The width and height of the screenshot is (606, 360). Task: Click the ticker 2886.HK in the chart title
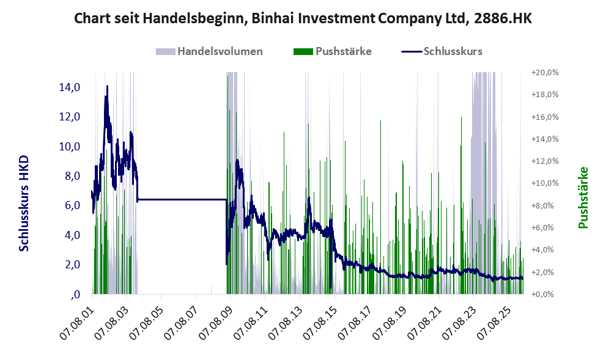tap(503, 18)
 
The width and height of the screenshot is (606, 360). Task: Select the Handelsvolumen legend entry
tap(209, 51)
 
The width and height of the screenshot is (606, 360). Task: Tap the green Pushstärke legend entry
tap(333, 51)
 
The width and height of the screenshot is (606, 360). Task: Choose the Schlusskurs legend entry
tap(442, 51)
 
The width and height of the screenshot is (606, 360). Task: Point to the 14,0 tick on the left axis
tap(70, 87)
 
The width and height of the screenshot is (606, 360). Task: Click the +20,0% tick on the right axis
tap(545, 73)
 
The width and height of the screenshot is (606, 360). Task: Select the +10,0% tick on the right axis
tap(545, 183)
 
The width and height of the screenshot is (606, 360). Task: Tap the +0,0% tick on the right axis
tap(545, 295)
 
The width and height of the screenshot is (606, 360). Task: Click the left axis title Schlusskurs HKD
tap(24, 204)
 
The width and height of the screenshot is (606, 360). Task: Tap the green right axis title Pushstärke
tap(583, 197)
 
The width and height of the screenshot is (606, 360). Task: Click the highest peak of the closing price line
tap(107, 86)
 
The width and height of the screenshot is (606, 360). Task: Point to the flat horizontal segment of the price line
tap(182, 199)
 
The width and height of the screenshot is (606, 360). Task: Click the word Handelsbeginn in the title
tap(196, 18)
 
